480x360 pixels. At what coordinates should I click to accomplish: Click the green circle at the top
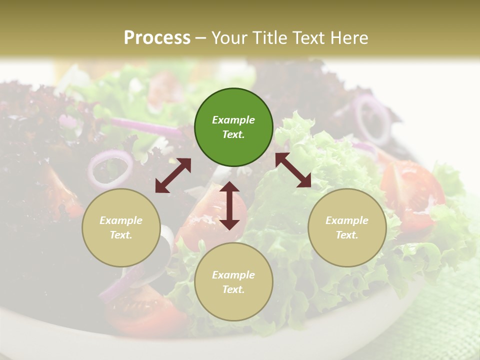pyautogui.click(x=233, y=127)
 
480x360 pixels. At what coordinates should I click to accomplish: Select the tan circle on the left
pyautogui.click(x=121, y=227)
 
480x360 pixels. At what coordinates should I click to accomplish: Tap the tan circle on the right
pyautogui.click(x=347, y=227)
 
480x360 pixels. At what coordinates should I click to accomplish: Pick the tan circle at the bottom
pyautogui.click(x=233, y=282)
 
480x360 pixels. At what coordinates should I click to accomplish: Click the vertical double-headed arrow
pyautogui.click(x=229, y=205)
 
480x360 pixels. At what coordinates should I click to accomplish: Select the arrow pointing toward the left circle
pyautogui.click(x=173, y=175)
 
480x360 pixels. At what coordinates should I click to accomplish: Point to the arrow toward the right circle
pyautogui.click(x=293, y=170)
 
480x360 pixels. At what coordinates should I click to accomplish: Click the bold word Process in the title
pyautogui.click(x=157, y=38)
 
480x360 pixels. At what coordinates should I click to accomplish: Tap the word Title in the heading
pyautogui.click(x=270, y=38)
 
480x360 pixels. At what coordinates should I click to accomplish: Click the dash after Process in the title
pyautogui.click(x=200, y=38)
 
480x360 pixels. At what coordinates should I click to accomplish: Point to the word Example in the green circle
pyautogui.click(x=233, y=120)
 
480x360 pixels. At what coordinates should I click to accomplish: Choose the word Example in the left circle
pyautogui.click(x=121, y=220)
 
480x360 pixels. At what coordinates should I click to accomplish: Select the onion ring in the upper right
pyautogui.click(x=372, y=120)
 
